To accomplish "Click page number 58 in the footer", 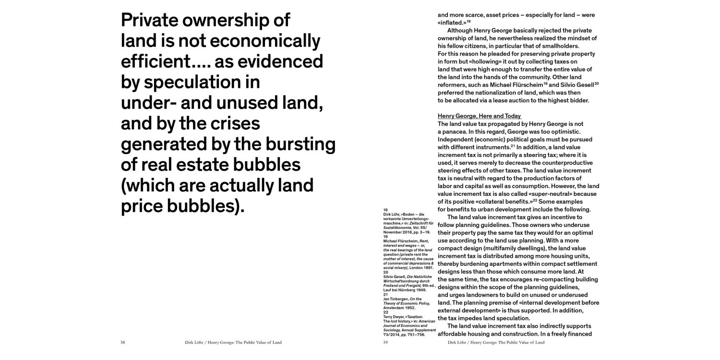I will [x=122, y=343].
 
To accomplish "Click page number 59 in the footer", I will [x=385, y=343].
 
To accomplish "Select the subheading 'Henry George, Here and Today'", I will [x=479, y=116].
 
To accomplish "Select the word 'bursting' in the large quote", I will [x=299, y=144].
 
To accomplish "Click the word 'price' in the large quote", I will [x=141, y=206].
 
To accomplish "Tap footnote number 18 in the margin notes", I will [x=385, y=210].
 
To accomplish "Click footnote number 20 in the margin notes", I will [x=385, y=272].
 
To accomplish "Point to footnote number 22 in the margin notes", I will [x=385, y=312].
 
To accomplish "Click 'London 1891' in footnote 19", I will [x=421, y=268].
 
